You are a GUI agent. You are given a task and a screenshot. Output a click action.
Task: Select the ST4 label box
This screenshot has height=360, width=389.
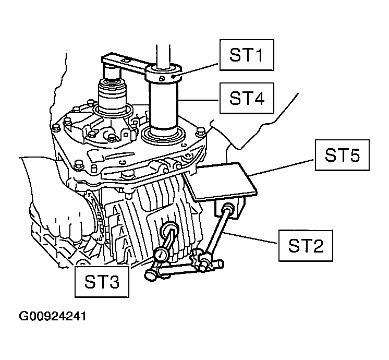(246, 98)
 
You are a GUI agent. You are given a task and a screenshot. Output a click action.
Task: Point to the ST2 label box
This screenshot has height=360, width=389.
(305, 245)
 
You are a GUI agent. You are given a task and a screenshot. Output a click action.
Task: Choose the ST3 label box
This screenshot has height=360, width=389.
(101, 282)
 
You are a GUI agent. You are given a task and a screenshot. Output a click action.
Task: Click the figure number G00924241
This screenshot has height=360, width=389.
(52, 317)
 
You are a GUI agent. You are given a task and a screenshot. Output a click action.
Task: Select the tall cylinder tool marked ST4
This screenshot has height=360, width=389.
(165, 107)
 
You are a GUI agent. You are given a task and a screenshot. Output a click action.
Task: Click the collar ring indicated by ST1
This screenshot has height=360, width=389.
(165, 75)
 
